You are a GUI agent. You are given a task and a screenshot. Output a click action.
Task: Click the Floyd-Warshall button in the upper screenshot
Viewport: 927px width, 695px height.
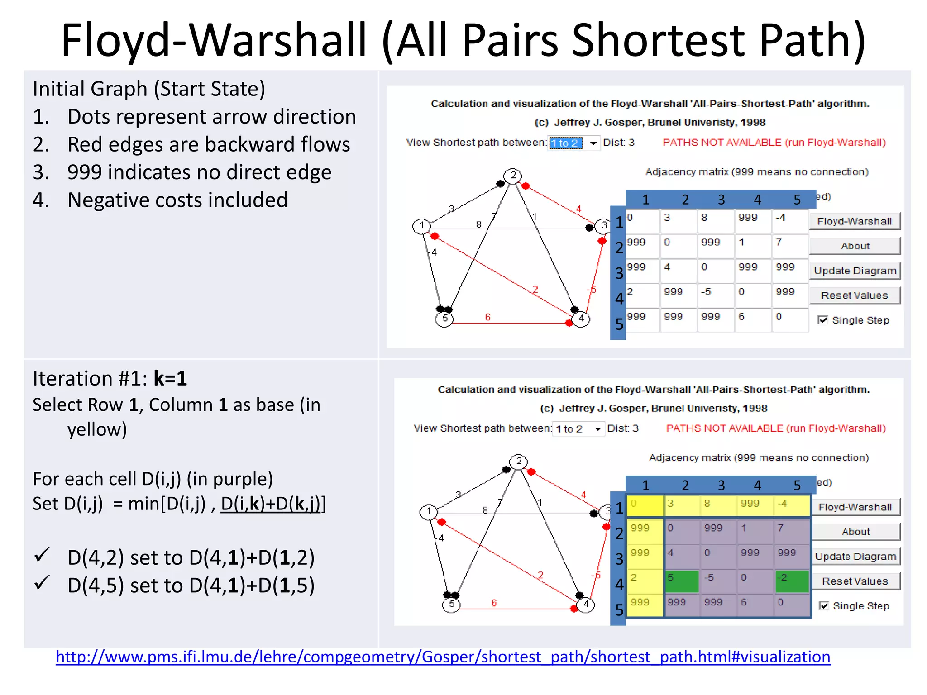854,221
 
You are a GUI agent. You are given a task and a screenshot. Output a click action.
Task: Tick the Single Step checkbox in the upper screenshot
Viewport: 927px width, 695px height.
823,320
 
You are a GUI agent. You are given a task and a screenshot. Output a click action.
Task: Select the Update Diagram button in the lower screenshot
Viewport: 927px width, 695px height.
855,557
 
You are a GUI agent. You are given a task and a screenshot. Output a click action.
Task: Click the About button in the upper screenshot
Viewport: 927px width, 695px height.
855,246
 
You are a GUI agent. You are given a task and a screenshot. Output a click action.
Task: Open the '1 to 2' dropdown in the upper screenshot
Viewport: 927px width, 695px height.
593,143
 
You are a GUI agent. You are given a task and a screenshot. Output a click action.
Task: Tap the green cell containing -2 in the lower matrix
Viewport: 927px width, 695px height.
792,581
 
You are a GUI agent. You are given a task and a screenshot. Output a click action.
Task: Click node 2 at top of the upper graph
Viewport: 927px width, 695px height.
513,176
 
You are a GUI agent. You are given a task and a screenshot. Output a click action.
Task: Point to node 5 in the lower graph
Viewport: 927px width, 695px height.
451,605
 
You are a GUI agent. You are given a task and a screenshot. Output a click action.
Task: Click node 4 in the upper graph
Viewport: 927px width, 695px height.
581,319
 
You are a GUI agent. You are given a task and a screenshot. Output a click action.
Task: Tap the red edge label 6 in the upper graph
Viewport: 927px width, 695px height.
487,317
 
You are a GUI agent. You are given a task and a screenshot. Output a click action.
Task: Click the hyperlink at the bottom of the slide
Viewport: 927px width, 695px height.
443,657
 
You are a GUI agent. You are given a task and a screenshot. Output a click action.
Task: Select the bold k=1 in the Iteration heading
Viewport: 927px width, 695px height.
170,378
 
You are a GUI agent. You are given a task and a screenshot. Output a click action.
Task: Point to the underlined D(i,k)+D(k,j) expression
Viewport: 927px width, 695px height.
272,504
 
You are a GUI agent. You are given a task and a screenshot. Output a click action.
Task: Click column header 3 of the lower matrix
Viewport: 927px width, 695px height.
722,486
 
